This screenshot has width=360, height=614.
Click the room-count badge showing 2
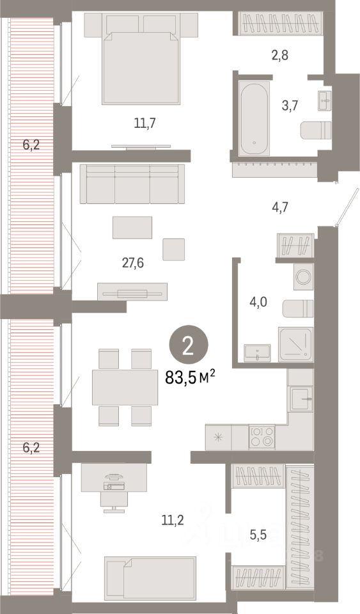click(188, 346)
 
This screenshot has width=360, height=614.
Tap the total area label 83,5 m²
click(190, 377)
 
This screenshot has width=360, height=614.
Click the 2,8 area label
click(280, 55)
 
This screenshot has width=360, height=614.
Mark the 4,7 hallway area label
click(280, 206)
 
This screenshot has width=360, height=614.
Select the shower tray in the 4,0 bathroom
click(295, 344)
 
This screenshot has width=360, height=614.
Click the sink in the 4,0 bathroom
click(258, 352)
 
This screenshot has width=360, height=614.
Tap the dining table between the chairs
click(125, 387)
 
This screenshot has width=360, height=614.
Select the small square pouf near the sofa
click(173, 249)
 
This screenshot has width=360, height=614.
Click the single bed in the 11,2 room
click(150, 578)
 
